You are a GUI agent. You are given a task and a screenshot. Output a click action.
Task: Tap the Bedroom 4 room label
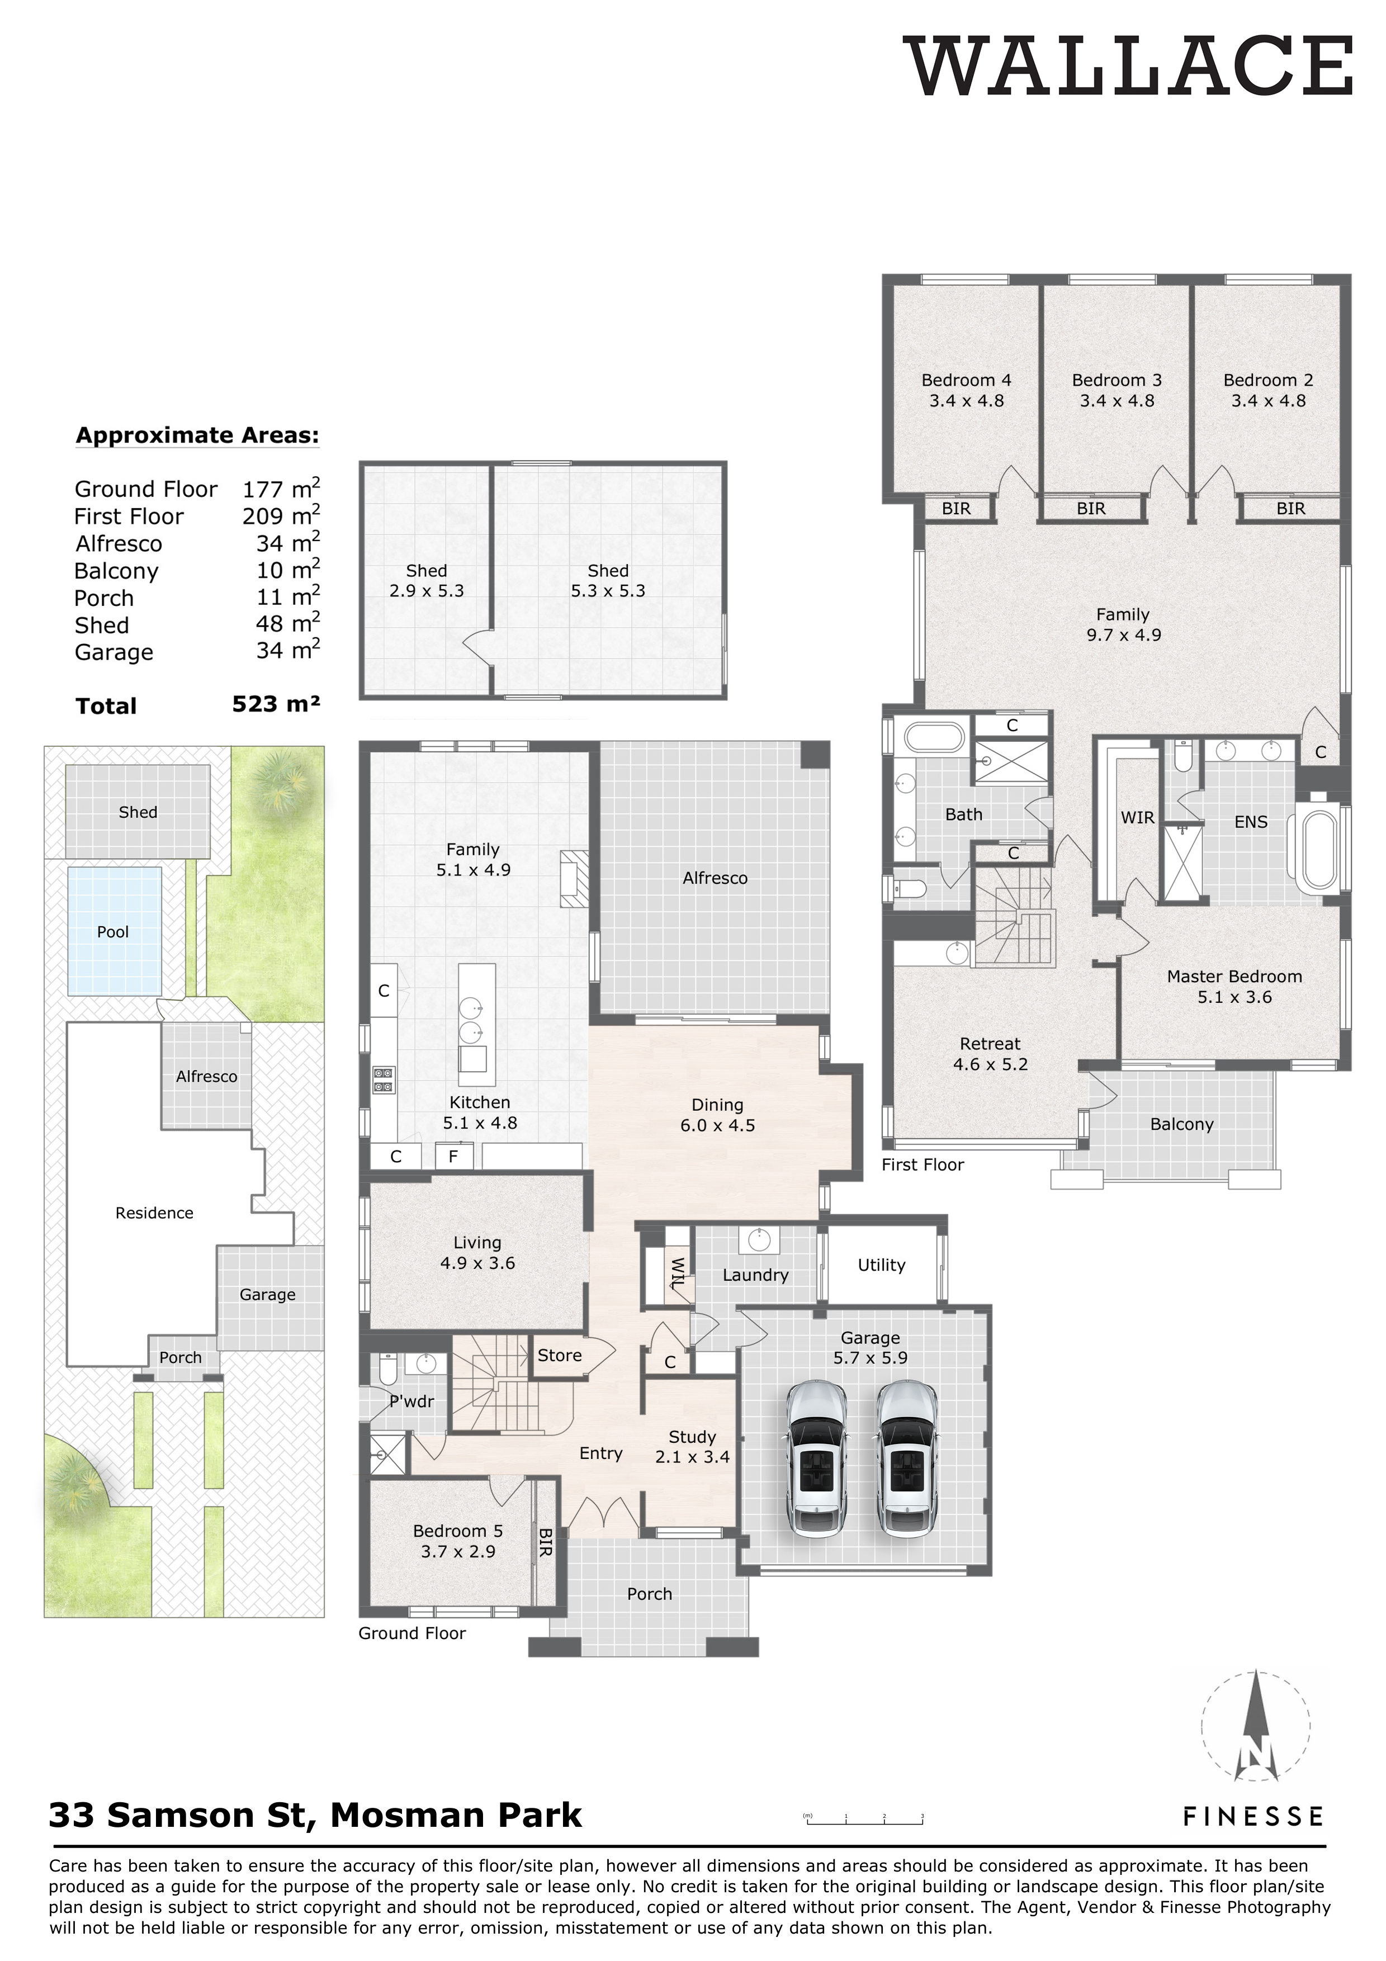click(966, 390)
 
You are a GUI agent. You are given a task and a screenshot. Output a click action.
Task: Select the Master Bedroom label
click(1234, 987)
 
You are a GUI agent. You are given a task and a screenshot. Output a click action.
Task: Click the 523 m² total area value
click(276, 704)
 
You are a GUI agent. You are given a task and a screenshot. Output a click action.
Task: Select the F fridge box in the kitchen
click(453, 1157)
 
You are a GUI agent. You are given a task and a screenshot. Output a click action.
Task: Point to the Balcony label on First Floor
click(1181, 1124)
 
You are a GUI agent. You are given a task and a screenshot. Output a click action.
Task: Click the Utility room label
click(881, 1265)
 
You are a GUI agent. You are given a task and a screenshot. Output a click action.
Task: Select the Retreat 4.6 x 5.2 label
click(990, 1054)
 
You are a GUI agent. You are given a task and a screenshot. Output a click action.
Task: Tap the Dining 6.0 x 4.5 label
click(717, 1115)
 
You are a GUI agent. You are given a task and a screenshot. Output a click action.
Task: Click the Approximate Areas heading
click(197, 435)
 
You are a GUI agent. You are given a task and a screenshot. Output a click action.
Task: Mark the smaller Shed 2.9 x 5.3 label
click(426, 581)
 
